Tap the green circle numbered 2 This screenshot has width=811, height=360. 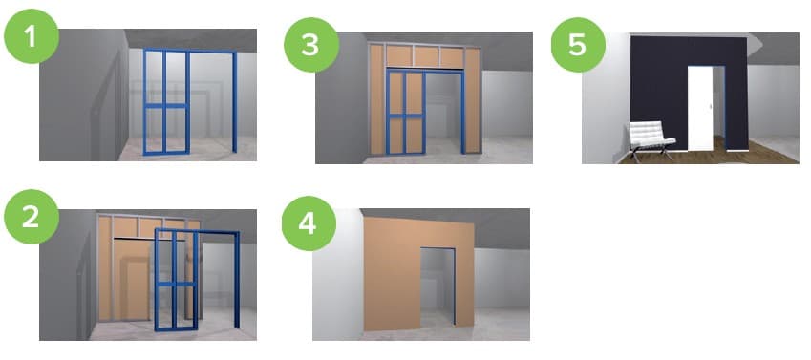(x=31, y=217)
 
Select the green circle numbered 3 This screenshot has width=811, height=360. (x=311, y=44)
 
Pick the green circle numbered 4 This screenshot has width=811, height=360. (x=309, y=223)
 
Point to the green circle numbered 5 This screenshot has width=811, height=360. (x=578, y=44)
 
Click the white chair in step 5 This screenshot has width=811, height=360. (x=650, y=139)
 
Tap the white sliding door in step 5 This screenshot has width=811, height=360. (x=700, y=108)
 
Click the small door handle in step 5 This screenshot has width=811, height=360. (x=710, y=106)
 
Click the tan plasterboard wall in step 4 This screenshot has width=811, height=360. (x=394, y=274)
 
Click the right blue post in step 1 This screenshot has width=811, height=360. (x=235, y=102)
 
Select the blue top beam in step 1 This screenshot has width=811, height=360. (x=190, y=52)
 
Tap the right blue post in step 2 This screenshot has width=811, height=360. (x=237, y=279)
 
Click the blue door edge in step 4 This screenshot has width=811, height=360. (x=455, y=287)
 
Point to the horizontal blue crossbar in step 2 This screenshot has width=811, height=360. (x=177, y=284)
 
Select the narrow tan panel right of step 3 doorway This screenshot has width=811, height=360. (x=472, y=101)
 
